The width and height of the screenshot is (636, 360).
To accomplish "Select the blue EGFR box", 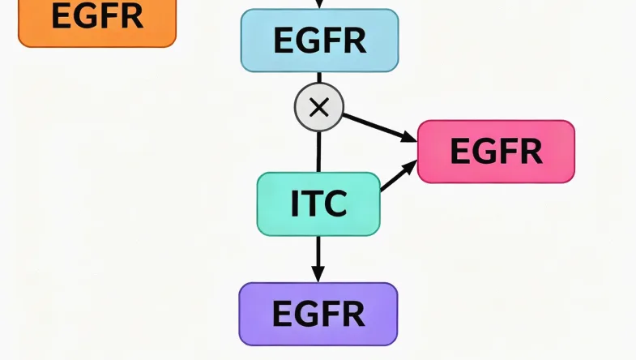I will [x=319, y=41].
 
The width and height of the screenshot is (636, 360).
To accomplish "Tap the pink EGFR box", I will [x=496, y=152].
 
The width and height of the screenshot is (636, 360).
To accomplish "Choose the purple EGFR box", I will [x=318, y=314].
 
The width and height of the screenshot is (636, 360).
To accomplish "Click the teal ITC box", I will [x=318, y=204].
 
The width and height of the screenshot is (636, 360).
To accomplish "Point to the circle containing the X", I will [x=318, y=107].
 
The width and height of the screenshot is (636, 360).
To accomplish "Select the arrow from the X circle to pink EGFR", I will [x=379, y=126].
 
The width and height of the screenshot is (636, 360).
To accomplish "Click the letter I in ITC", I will [x=295, y=204].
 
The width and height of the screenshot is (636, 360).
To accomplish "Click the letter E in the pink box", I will [x=459, y=152].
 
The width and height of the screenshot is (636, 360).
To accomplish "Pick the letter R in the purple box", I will [x=353, y=314].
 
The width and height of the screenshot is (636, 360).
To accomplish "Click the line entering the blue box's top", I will [x=319, y=4].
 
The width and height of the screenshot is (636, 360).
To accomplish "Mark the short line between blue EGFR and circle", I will [x=318, y=78].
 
